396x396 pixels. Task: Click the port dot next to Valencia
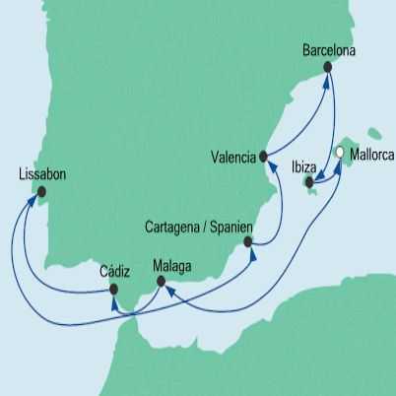coord(263,155)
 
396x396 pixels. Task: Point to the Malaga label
coord(173,265)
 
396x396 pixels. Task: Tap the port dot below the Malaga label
coord(161,284)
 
